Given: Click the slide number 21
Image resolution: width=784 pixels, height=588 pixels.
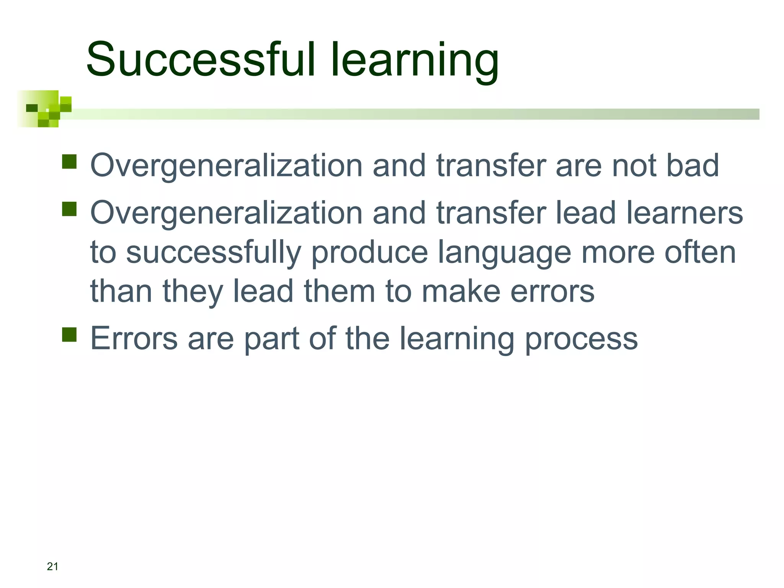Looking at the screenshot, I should tap(52, 567).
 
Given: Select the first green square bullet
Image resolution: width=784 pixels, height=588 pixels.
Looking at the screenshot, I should tap(69, 162).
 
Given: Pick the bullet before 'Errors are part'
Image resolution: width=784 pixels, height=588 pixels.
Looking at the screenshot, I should tap(69, 334).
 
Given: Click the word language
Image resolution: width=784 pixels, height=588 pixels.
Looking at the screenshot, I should tap(504, 253).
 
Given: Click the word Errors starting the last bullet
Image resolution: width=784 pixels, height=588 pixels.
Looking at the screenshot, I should tap(134, 338).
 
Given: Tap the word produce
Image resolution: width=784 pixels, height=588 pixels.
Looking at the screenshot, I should tap(369, 253).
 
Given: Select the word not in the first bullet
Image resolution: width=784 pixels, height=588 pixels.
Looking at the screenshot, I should tap(634, 165).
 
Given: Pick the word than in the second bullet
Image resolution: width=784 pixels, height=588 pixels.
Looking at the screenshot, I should tap(121, 291).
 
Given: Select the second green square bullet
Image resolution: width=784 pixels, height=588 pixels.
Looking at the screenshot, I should tap(69, 209).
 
